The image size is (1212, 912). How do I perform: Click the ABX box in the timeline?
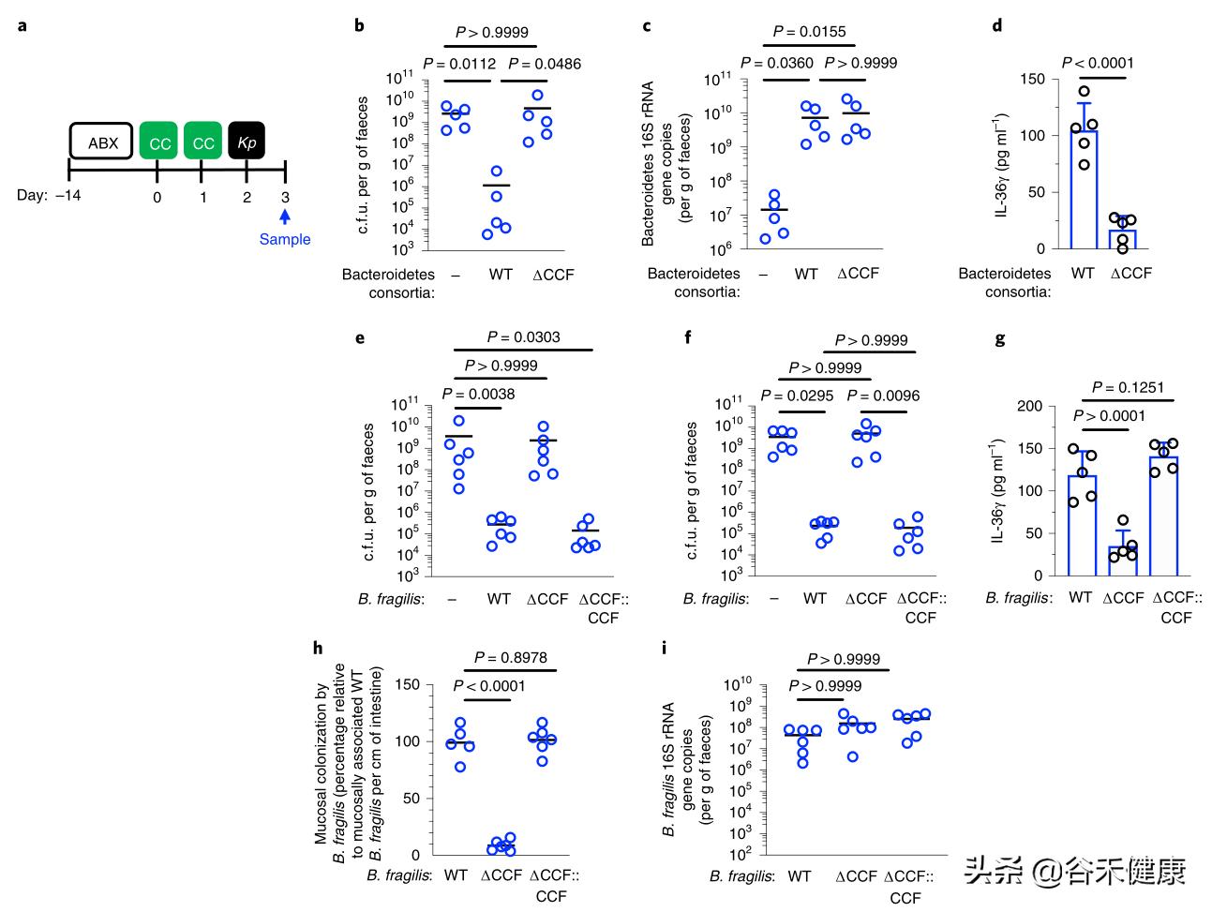point(103,142)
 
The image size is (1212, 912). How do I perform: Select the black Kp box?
point(247,142)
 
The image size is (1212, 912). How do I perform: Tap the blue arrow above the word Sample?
point(285,217)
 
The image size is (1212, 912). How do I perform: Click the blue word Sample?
point(285,239)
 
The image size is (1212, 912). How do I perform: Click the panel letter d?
point(996,26)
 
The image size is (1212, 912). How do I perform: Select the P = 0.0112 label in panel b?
point(459,65)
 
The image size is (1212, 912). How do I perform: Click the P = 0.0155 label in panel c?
point(811,32)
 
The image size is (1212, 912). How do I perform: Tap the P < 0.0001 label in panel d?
point(1098,63)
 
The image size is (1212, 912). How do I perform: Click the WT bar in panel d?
point(1084,190)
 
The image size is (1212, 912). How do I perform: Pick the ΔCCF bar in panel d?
point(1123,239)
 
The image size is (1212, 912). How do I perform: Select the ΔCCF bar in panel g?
point(1123,561)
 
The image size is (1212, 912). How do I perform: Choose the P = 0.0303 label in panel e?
point(524,337)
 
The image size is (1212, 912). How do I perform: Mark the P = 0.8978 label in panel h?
point(511,658)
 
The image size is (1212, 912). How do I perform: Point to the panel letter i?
point(664,648)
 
